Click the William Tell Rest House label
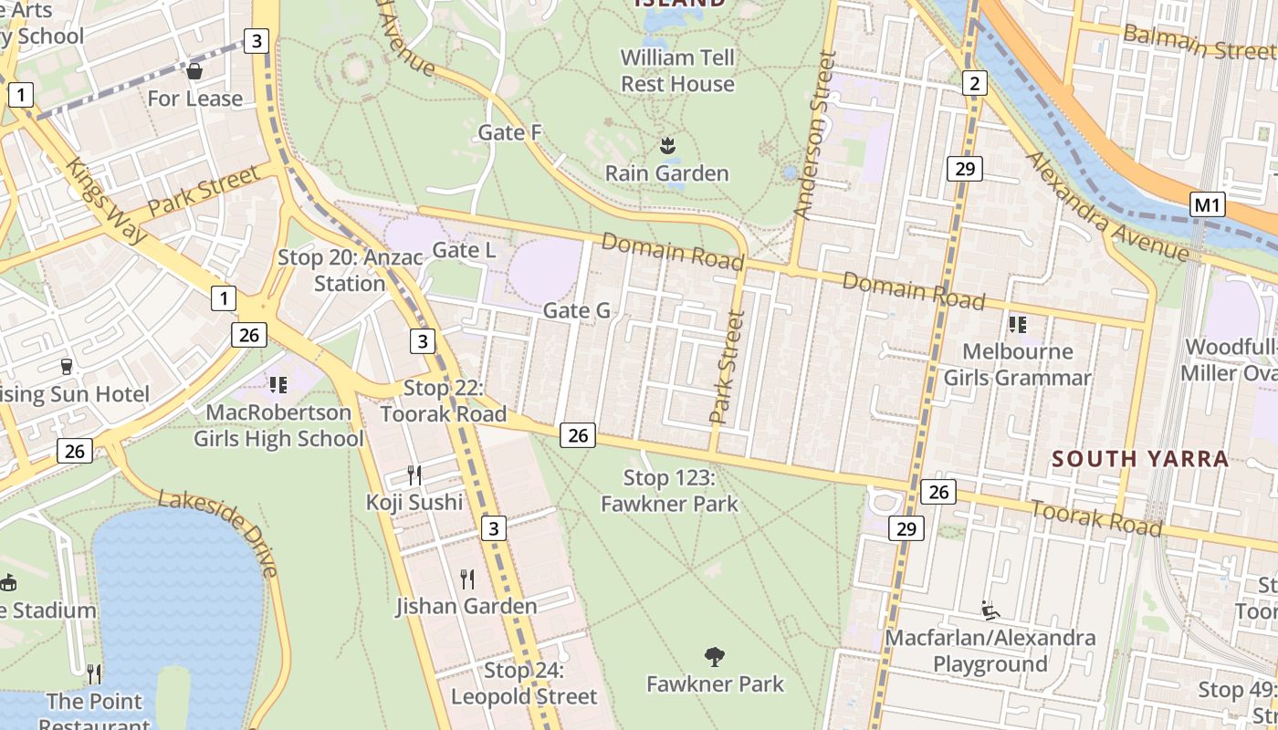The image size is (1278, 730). tap(677, 71)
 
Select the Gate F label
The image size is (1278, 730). tap(510, 132)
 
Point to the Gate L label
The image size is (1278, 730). tap(464, 249)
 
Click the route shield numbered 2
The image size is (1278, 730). tap(975, 84)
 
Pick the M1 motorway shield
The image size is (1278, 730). tap(1207, 205)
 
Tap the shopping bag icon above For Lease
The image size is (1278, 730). tap(194, 70)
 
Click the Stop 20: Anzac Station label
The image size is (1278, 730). tap(351, 270)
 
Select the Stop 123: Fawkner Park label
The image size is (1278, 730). tap(669, 490)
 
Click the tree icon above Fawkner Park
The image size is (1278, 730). tap(715, 656)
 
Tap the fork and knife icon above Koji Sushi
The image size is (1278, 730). tap(414, 474)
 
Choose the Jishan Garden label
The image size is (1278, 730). tap(466, 606)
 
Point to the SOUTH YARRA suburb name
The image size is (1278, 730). tap(1140, 458)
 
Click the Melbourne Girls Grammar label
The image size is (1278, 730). tap(1017, 364)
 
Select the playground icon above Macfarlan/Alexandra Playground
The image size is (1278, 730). tap(990, 610)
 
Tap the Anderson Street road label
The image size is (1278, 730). tap(814, 135)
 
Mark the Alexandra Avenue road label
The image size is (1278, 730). tap(1108, 206)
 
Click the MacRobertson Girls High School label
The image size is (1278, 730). tap(278, 425)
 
